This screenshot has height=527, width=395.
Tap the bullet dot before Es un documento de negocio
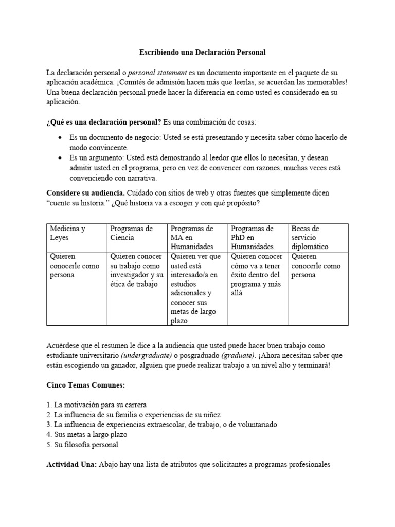pos(61,138)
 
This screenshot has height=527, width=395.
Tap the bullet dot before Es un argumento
pos(61,159)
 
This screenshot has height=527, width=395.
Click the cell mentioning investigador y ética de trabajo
pos(137,270)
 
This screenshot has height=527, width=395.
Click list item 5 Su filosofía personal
pos(82,445)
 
